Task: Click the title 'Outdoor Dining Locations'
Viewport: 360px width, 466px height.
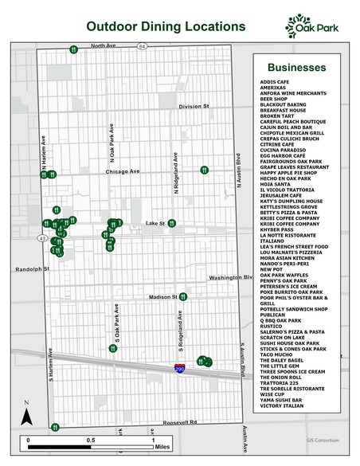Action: [x=166, y=26]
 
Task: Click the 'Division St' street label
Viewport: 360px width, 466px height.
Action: [x=193, y=106]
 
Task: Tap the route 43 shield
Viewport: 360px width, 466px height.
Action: [x=41, y=237]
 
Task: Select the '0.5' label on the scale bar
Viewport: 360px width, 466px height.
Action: [x=90, y=440]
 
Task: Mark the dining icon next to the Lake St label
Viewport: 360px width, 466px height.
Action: [x=171, y=223]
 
